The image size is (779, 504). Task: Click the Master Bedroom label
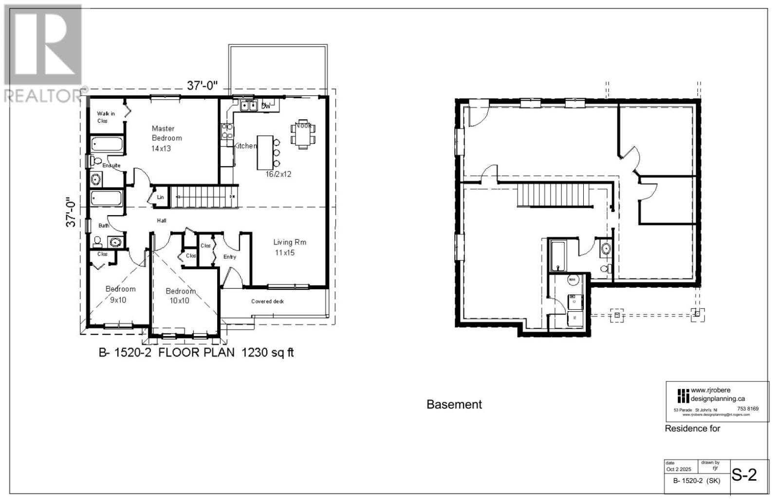click(x=167, y=133)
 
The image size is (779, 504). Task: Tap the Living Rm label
click(x=289, y=242)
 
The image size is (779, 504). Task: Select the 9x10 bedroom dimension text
click(x=118, y=300)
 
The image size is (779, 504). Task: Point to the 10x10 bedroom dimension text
click(x=180, y=300)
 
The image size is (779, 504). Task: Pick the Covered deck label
click(x=267, y=301)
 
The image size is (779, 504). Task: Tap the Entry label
click(x=230, y=257)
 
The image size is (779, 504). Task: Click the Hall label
click(x=162, y=221)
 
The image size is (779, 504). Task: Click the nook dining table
click(x=303, y=132)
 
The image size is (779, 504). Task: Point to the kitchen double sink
click(x=248, y=105)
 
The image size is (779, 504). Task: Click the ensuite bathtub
click(x=107, y=145)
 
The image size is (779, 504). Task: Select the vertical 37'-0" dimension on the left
click(x=71, y=212)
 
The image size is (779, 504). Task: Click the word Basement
click(x=454, y=404)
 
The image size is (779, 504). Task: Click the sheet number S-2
click(x=744, y=474)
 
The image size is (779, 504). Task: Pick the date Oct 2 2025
click(x=678, y=469)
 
